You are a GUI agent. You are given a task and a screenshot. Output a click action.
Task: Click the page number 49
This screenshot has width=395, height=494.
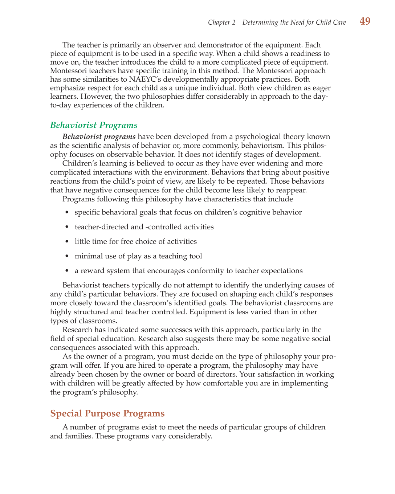click(x=365, y=21)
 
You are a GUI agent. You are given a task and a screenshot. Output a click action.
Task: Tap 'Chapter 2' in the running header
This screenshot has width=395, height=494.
click(x=221, y=23)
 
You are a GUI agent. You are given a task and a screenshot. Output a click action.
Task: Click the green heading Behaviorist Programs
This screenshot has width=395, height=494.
click(x=94, y=125)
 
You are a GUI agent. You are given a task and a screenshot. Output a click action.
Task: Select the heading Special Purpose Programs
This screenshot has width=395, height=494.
click(x=107, y=413)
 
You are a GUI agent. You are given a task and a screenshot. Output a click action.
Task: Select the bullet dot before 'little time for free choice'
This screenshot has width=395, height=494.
click(x=67, y=242)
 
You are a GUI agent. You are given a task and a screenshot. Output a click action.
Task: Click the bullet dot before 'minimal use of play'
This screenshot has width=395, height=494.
click(x=67, y=256)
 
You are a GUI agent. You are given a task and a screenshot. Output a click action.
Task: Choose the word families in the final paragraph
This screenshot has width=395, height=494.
click(x=78, y=436)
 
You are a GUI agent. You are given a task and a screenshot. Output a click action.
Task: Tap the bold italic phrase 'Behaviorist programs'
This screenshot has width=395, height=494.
click(x=99, y=137)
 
